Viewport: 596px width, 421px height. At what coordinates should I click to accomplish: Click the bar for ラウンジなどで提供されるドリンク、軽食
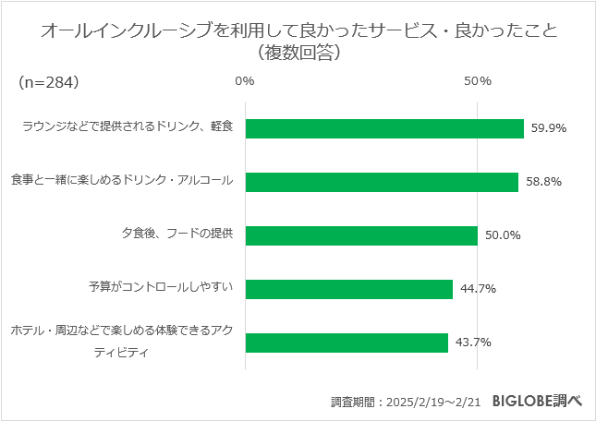coord(383,128)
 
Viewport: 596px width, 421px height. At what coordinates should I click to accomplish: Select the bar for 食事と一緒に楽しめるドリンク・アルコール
coord(381,182)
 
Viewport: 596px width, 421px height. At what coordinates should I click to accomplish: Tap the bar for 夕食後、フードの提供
coord(360,235)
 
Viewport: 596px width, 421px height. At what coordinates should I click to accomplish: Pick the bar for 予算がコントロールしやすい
coord(348,289)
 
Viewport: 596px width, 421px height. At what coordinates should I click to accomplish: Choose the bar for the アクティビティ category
coord(346,343)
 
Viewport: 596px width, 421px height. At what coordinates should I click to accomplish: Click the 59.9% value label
coord(548,128)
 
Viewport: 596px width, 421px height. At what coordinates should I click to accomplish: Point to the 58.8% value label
coord(542,182)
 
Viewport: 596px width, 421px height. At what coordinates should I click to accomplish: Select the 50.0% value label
coord(503,235)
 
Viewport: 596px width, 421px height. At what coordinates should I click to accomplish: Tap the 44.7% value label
coord(478,289)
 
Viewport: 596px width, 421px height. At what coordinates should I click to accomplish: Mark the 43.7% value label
coord(473,343)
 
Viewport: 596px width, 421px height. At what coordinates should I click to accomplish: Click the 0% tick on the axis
coord(245,81)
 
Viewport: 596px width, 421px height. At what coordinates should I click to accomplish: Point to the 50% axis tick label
coord(477,81)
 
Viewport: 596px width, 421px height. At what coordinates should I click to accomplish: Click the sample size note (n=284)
coord(48,82)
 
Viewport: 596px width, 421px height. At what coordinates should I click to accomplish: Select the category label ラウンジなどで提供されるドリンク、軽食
coord(128,126)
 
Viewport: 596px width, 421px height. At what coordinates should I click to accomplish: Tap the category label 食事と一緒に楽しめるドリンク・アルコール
coord(121,180)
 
